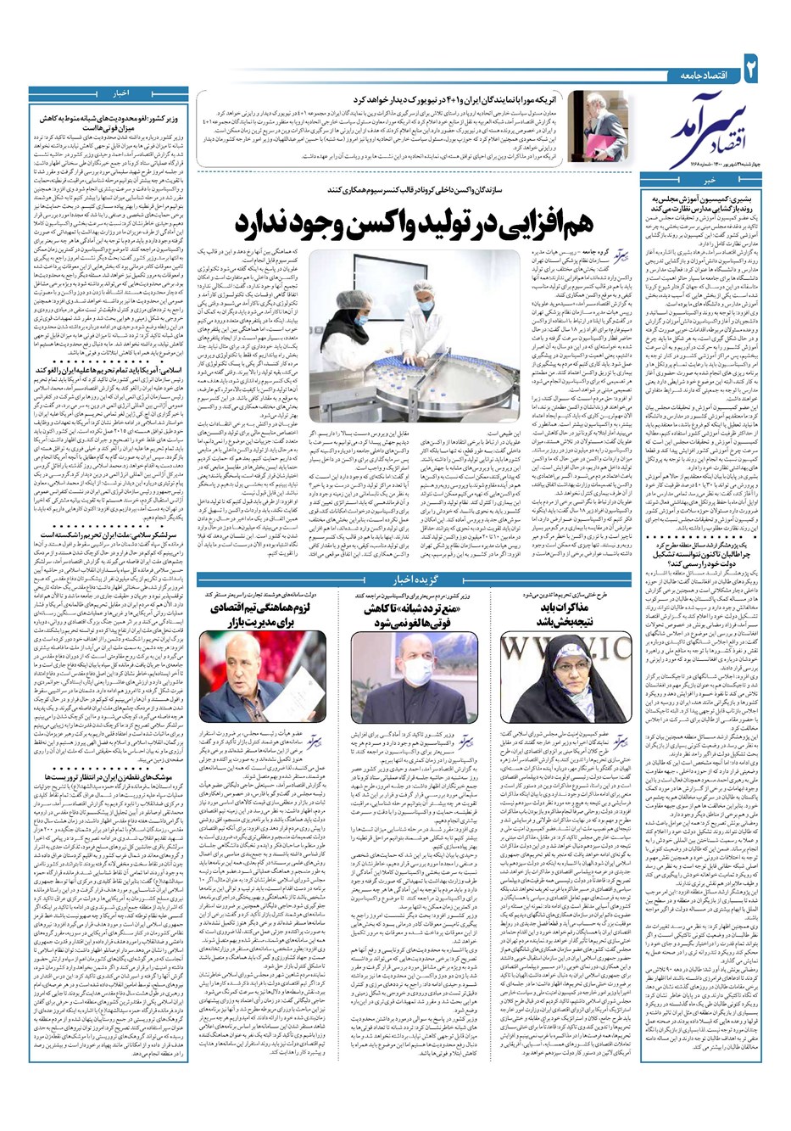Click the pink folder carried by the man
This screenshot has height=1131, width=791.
(593, 132)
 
